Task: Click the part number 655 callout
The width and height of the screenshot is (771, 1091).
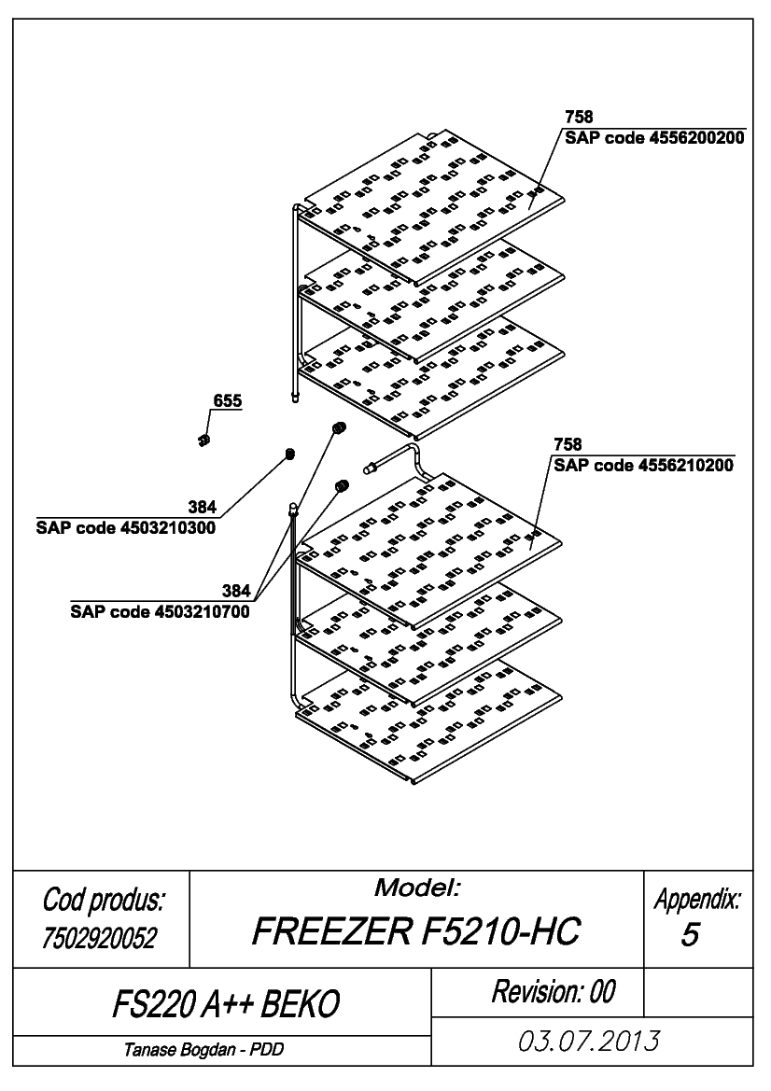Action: [x=228, y=400]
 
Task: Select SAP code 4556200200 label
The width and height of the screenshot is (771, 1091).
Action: [x=655, y=138]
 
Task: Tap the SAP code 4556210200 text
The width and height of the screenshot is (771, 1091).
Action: [x=644, y=465]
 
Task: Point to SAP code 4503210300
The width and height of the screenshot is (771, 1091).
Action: [x=126, y=527]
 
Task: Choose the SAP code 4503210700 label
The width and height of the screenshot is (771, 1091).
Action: [x=160, y=611]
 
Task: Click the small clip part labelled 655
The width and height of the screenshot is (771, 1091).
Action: [x=203, y=440]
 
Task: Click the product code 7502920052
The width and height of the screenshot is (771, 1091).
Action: [x=99, y=938]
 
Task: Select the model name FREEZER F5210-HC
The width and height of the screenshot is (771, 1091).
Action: [x=416, y=931]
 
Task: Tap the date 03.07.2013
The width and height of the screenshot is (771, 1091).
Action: [x=589, y=1042]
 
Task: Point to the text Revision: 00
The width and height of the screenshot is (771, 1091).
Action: [x=554, y=991]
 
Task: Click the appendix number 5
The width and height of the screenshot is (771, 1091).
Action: [x=690, y=934]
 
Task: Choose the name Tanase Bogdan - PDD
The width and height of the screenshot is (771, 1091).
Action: [x=203, y=1049]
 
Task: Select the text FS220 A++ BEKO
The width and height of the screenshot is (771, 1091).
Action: [x=226, y=1004]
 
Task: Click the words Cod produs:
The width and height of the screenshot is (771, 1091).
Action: [x=104, y=900]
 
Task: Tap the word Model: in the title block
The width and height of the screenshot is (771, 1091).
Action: [x=417, y=888]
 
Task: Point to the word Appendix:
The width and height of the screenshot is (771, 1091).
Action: [x=698, y=901]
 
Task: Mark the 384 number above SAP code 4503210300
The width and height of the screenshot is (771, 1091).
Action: [x=202, y=507]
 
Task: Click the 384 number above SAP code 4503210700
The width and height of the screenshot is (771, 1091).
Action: [x=236, y=591]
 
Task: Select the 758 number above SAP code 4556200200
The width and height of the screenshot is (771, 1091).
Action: [x=579, y=117]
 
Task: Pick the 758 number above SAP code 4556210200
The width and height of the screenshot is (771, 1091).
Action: [x=568, y=444]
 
